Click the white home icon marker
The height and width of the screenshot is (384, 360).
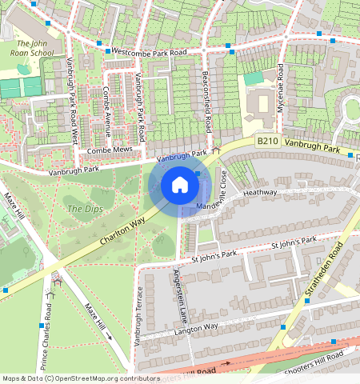[x=180, y=186]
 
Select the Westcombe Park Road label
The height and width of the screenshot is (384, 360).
[x=149, y=51]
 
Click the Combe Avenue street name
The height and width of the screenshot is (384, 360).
[x=106, y=111]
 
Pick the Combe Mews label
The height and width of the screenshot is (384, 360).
[x=109, y=150]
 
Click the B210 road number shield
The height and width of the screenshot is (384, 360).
[x=267, y=141]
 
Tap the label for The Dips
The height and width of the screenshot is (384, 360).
[x=80, y=209]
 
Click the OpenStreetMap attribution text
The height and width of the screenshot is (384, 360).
[x=81, y=378]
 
